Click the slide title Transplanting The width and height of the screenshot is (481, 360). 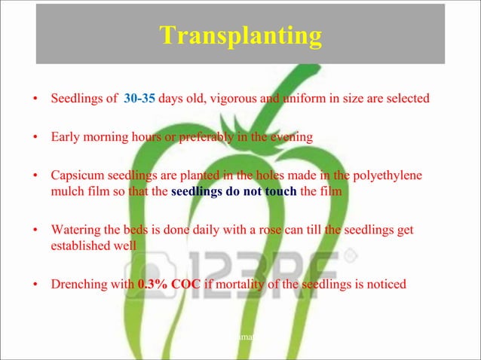pyautogui.click(x=240, y=35)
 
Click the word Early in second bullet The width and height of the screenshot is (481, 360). pyautogui.click(x=65, y=138)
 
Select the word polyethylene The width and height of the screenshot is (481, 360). pyautogui.click(x=388, y=176)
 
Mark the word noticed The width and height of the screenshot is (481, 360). pyautogui.click(x=385, y=285)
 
